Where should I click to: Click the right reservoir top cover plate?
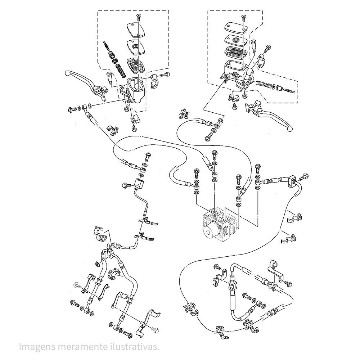tap(236, 27)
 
